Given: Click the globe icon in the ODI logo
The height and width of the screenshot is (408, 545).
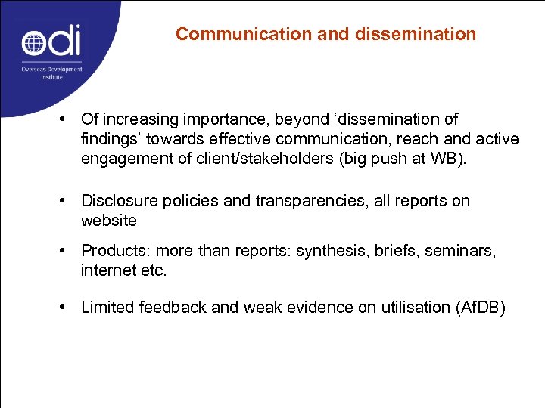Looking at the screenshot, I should coord(35,42).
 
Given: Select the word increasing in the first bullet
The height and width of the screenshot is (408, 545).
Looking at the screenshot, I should coord(138,119).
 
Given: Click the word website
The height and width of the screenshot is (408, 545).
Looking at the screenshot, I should coord(109,221).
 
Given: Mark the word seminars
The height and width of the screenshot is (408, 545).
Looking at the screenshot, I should coord(462,251).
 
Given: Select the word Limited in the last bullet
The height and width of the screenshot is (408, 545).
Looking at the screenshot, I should coord(107,307).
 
